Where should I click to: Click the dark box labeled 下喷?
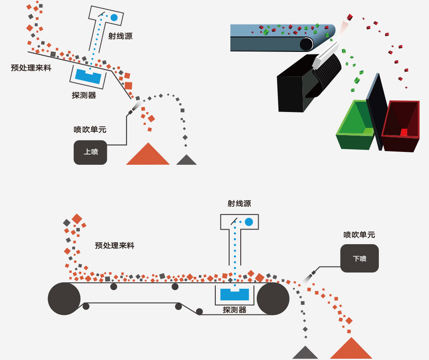tap(360, 258)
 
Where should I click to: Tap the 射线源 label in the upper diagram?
tap(121, 36)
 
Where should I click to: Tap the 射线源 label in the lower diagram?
tap(239, 204)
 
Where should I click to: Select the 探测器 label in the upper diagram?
tap(84, 95)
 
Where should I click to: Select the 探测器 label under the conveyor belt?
tap(235, 309)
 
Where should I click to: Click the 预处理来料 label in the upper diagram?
tap(31, 67)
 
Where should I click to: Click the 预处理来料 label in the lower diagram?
tap(115, 245)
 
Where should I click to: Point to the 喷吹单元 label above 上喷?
tap(90, 130)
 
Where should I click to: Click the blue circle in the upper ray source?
tap(114, 18)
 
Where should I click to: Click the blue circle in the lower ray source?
tap(249, 222)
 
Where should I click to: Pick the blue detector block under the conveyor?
tap(234, 294)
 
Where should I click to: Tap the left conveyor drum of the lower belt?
tap(64, 299)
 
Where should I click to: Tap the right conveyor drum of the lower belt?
tap(273, 299)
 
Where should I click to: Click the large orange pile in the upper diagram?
tap(148, 156)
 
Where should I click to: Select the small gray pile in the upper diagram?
tap(186, 160)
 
